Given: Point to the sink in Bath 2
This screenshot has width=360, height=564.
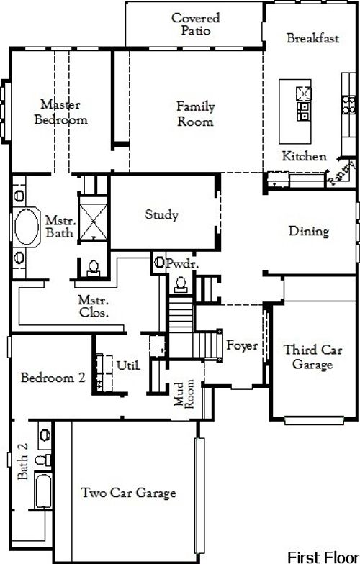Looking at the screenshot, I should tap(43, 435).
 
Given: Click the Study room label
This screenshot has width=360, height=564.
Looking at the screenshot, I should tap(161, 214).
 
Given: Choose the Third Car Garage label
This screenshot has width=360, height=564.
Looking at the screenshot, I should tap(308, 358).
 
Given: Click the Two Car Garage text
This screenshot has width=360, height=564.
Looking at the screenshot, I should tap(129, 493).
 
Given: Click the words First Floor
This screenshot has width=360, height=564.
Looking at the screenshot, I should tap(320, 556).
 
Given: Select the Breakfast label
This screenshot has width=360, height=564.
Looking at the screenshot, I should tap(312, 39).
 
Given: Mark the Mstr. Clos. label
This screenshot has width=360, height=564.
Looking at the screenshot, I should tap(94, 306).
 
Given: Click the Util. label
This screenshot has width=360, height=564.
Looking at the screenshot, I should tap(128, 365).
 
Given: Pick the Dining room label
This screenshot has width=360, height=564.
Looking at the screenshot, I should tap(309, 232).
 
